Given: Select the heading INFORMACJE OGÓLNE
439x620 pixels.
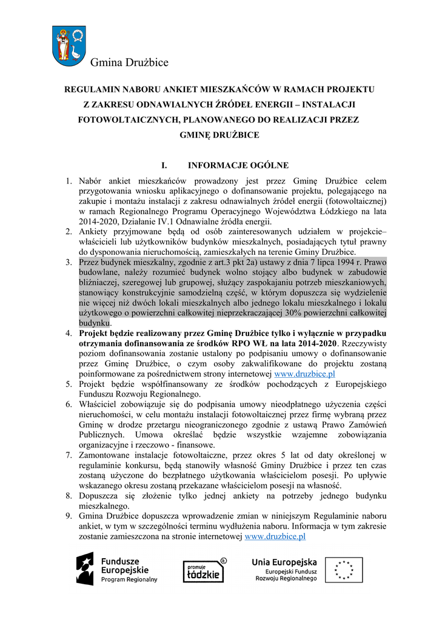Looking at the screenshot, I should tap(238, 165).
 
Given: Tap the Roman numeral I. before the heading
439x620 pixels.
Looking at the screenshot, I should tap(163, 165).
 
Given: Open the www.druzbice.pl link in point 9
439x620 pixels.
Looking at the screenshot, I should tap(275, 536).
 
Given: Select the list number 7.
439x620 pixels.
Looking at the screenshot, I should tap(69, 454).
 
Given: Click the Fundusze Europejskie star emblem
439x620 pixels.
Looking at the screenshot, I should tap(85, 569).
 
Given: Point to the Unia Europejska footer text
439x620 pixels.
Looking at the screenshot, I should tap(284, 562).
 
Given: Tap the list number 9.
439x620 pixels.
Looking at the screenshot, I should tap(69, 516).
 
